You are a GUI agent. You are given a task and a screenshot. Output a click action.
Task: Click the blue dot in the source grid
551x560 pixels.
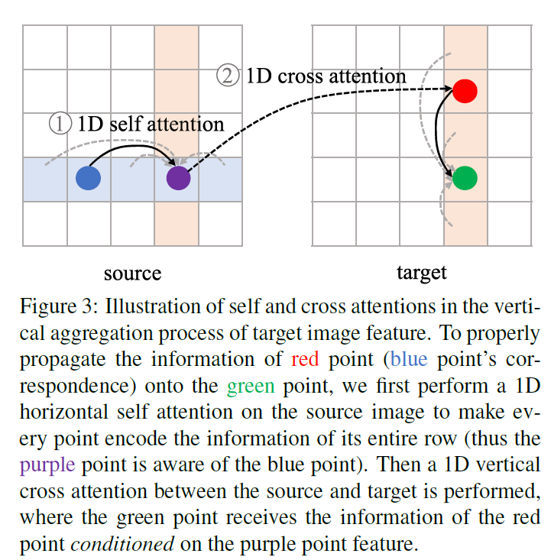(x=89, y=178)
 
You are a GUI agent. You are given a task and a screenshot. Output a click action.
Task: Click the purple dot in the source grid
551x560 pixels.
(x=178, y=178)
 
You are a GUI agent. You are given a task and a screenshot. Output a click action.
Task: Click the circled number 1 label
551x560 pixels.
(x=60, y=124)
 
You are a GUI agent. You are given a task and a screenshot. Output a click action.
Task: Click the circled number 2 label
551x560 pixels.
(x=227, y=76)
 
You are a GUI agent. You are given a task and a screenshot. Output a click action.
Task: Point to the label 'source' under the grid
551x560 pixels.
(x=132, y=273)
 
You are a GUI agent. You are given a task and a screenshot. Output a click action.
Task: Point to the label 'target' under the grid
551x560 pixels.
(x=421, y=273)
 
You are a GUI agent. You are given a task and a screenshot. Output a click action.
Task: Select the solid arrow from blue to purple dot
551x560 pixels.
(x=130, y=148)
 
